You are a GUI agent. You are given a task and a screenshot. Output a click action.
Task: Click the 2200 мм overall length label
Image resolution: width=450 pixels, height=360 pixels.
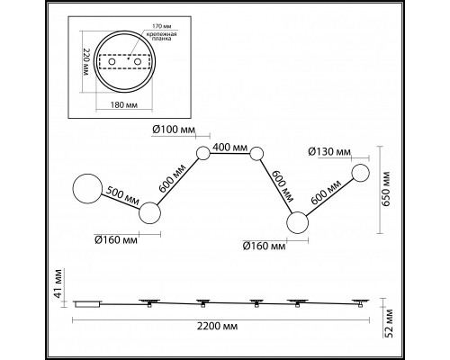coord(217,326)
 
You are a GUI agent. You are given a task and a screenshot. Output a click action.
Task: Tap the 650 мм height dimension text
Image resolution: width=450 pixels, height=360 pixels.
coord(386,189)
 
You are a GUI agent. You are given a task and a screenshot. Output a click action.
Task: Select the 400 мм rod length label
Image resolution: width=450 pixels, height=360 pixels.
coord(230,148)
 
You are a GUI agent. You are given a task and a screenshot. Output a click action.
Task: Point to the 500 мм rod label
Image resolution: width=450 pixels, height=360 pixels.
coord(122,195)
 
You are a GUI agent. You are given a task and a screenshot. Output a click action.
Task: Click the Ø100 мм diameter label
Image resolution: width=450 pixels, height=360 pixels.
coord(174,130)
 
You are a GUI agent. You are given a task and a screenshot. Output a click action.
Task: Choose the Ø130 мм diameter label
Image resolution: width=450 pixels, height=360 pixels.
coord(329,152)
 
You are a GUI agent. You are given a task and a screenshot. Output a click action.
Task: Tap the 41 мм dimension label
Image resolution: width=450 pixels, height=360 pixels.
coord(58,283)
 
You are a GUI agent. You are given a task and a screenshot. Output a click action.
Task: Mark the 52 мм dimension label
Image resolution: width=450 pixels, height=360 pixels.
coord(389,323)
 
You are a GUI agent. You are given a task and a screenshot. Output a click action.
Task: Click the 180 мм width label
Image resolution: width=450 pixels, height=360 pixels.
coord(124,105)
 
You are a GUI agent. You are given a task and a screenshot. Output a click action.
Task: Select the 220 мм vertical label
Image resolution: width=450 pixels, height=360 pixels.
coord(86,62)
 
